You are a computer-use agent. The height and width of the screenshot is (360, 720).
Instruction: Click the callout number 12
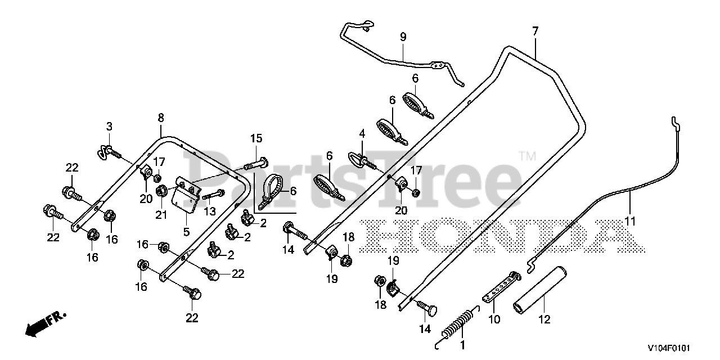point(544,319)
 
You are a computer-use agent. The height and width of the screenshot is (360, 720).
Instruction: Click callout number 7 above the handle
point(535,30)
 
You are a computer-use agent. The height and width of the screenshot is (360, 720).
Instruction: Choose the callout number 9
point(403,37)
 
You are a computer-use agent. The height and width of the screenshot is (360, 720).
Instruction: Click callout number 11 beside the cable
point(630,222)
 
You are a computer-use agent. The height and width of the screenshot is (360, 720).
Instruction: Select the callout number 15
point(256,138)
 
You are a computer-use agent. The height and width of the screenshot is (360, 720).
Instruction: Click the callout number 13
point(210,211)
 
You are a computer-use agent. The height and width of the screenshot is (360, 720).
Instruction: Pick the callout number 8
point(161,118)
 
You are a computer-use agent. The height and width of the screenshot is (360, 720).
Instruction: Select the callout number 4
point(362,134)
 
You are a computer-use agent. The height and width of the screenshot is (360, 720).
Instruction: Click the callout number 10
point(493,319)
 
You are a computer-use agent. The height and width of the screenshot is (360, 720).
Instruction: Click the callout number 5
point(186,231)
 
